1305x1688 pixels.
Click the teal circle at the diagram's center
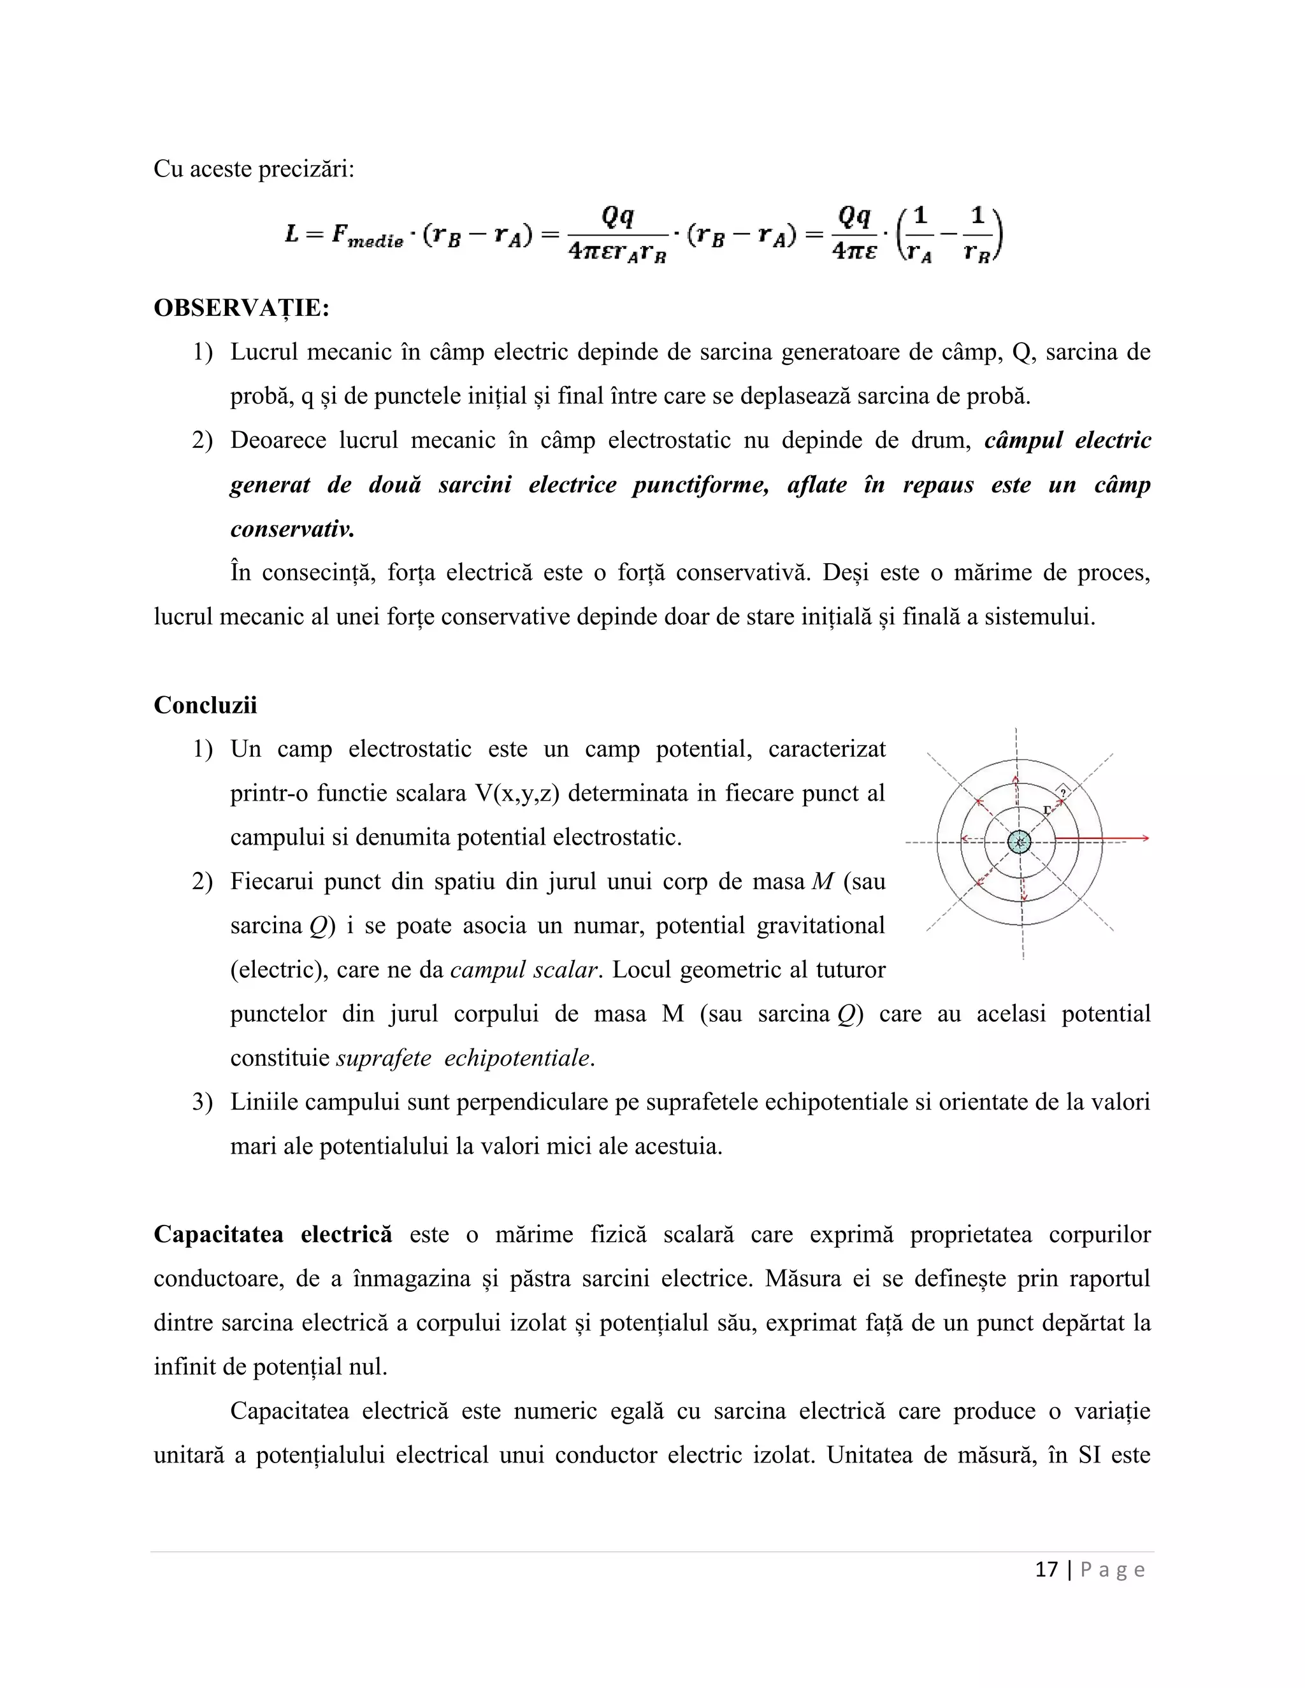pyautogui.click(x=1020, y=841)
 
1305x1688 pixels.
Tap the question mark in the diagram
pyautogui.click(x=1063, y=792)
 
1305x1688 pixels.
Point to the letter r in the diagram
pyautogui.click(x=1047, y=810)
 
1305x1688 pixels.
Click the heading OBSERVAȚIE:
pyautogui.click(x=242, y=308)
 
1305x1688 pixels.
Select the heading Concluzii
pyautogui.click(x=205, y=705)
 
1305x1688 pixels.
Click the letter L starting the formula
pyautogui.click(x=291, y=233)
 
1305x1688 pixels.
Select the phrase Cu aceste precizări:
pyautogui.click(x=254, y=169)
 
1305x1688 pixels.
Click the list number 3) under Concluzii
pyautogui.click(x=202, y=1102)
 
